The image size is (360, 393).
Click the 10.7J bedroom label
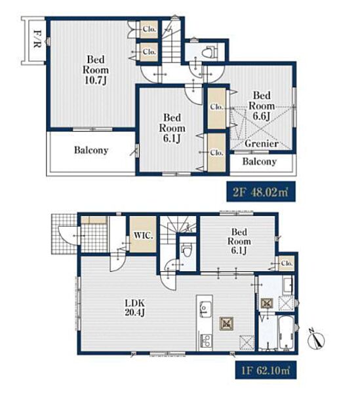coord(96,70)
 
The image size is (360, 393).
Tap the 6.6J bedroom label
coord(262,105)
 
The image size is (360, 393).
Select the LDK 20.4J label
coord(134,308)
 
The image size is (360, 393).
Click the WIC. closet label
coord(143,235)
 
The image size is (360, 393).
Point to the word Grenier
coord(262,143)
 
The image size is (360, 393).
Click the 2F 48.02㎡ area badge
coord(261,192)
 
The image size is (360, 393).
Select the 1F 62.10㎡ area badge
coord(266,370)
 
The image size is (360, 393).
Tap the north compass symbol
coord(317,339)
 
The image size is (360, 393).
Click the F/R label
coord(37,39)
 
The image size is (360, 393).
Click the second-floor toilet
coord(210,52)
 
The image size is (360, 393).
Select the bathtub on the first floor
coord(287,332)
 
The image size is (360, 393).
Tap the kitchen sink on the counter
coord(205,309)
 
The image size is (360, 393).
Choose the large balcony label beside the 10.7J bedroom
coord(91,150)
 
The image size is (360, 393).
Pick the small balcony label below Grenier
coord(260,161)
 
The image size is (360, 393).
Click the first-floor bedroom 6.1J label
coord(239,241)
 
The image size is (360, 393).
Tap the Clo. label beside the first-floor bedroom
coord(287,263)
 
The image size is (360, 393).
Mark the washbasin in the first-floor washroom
coord(288,286)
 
